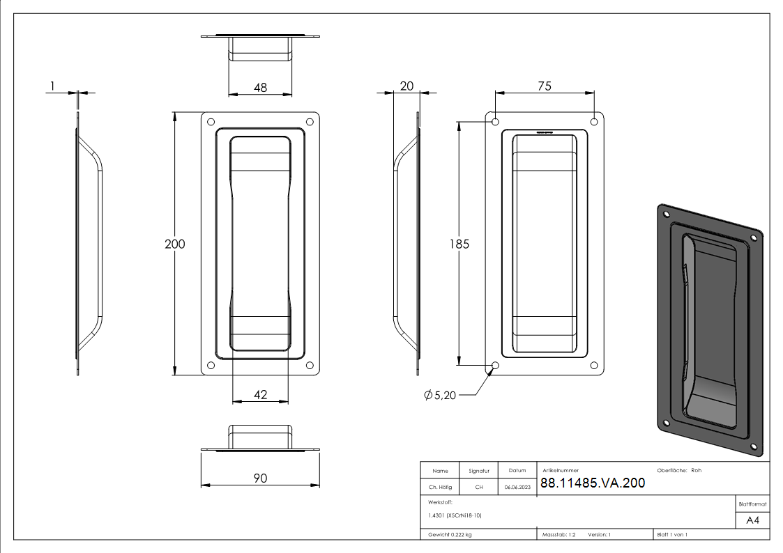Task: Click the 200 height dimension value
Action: point(175,244)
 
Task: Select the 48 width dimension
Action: point(260,88)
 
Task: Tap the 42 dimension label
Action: point(260,395)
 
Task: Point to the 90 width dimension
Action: point(260,478)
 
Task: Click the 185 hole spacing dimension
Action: point(459,244)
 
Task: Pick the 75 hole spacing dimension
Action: point(545,86)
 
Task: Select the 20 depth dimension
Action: point(406,86)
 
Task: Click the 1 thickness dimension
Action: point(52,86)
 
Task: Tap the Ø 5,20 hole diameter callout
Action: point(440,396)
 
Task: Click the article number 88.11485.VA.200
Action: point(593,483)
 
